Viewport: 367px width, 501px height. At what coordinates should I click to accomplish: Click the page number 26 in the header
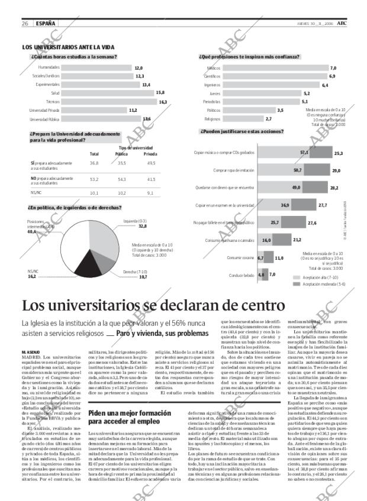pos(25,23)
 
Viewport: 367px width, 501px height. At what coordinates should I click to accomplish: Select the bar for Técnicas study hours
pos(100,102)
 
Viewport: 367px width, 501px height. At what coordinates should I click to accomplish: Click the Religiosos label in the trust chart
pos(212,119)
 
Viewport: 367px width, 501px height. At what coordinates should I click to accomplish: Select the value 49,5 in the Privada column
pos(151,163)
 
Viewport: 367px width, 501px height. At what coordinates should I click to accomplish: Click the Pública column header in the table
pos(121,154)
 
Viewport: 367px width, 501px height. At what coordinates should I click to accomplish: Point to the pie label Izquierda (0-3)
pos(135,221)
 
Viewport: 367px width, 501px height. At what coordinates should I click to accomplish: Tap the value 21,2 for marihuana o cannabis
pos(297,240)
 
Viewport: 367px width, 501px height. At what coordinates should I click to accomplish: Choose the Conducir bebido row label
pos(241,275)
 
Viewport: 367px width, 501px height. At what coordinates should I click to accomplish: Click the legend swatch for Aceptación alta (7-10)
pos(297,277)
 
